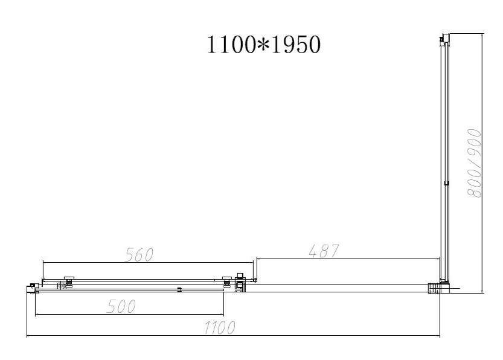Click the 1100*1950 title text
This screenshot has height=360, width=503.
click(x=264, y=45)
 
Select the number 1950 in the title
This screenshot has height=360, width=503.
click(x=295, y=45)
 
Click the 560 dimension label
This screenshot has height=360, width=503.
click(x=139, y=254)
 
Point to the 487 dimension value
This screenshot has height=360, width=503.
click(x=324, y=251)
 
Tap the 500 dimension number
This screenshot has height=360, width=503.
click(x=121, y=306)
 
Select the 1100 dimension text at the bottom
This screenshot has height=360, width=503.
click(x=220, y=327)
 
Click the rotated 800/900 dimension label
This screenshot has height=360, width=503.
click(x=474, y=163)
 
